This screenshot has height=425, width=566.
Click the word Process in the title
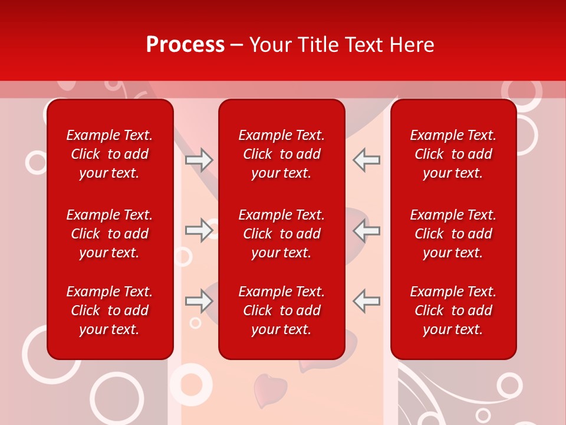click(x=185, y=45)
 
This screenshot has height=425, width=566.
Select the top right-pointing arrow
click(x=199, y=160)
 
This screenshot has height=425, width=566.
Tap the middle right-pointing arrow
click(x=199, y=230)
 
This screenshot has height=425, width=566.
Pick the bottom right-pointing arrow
click(x=199, y=301)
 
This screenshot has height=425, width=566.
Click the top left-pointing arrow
click(x=366, y=160)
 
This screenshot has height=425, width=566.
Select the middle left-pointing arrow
click(x=366, y=230)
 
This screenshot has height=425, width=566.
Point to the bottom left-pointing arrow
click(x=366, y=301)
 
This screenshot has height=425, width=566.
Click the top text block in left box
click(x=110, y=154)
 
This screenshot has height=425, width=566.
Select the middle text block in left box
click(x=110, y=234)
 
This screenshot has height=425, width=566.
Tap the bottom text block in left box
click(x=110, y=310)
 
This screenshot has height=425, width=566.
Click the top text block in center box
click(x=281, y=154)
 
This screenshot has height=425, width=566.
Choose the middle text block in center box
click(x=281, y=234)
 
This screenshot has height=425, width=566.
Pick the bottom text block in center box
click(x=281, y=310)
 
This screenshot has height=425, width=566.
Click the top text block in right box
click(x=453, y=154)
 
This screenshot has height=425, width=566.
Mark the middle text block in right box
click(x=453, y=234)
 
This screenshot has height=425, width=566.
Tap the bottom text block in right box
click(x=453, y=310)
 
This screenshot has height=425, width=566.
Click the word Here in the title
click(x=411, y=45)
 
